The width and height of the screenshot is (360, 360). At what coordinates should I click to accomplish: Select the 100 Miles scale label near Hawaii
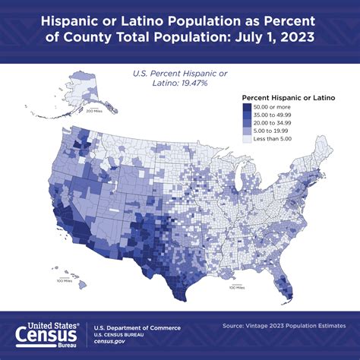coord(65,281)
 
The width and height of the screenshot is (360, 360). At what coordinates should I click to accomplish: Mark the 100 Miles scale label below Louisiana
coord(237,288)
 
